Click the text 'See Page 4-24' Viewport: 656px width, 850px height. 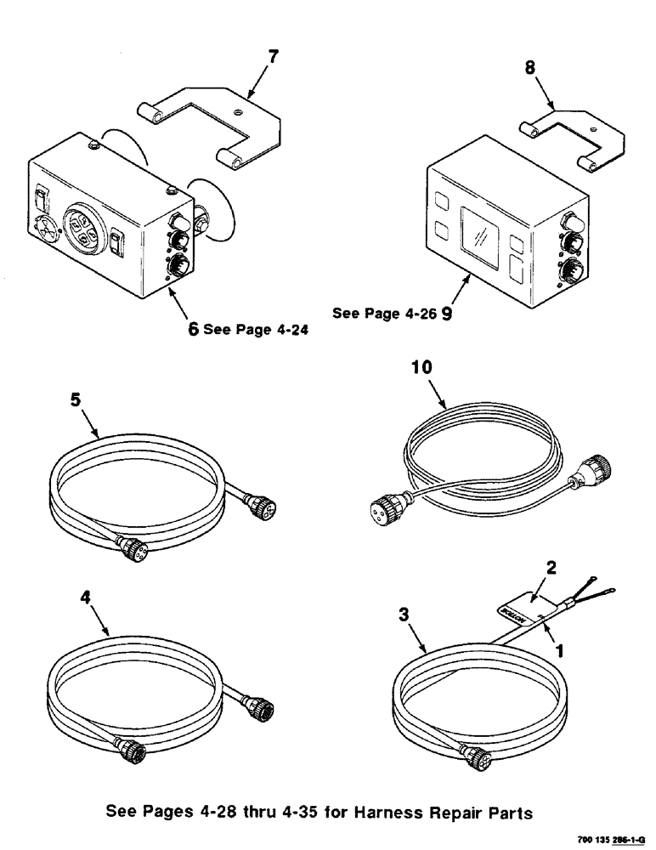coord(253,331)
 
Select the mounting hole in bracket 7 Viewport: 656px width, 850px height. coord(240,109)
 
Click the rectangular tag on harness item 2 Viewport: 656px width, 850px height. coord(517,609)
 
